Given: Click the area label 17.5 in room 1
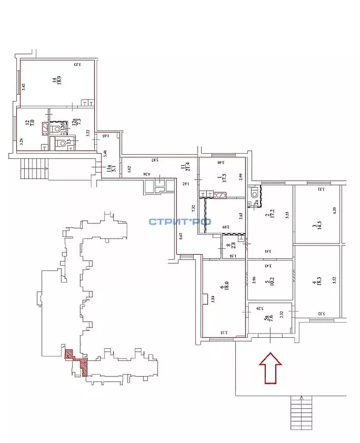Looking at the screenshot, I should (222, 177).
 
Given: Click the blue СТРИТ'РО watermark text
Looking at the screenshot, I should (180, 221).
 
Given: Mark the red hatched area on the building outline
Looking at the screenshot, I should (77, 361).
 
